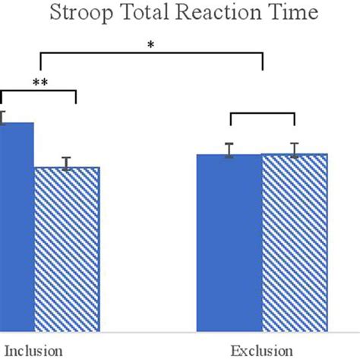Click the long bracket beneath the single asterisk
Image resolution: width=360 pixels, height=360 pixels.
coord(150,54)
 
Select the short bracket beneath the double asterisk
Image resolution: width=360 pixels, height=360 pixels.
coord(38,92)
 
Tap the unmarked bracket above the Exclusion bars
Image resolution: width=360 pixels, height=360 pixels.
coord(262,114)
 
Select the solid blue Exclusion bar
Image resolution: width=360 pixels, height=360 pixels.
coord(229,243)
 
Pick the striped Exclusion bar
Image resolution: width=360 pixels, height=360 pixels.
coord(295,243)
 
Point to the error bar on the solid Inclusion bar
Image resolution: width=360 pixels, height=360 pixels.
coord(2,117)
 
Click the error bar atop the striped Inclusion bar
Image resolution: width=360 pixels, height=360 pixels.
coord(67,163)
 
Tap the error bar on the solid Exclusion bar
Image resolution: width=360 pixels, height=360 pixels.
coord(229,150)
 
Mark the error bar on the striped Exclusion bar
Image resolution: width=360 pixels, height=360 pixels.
coord(295,150)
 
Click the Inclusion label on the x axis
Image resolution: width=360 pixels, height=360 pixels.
coord(31,351)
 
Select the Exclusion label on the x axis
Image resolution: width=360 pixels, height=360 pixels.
coord(262,351)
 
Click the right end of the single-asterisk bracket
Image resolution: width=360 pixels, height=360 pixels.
coord(263,61)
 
